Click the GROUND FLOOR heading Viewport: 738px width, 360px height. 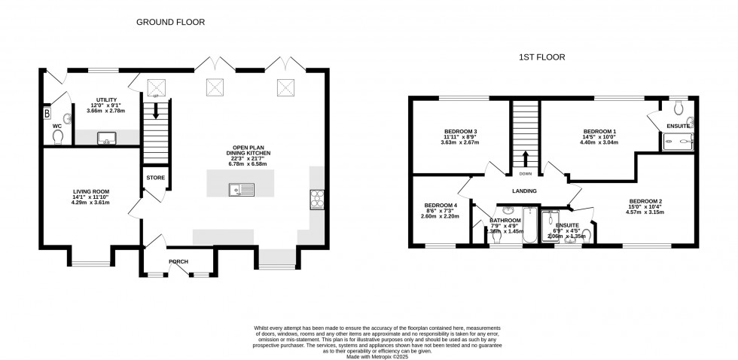[x=170, y=22]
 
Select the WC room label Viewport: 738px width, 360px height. [x=56, y=126]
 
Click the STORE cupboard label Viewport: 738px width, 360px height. [x=155, y=178]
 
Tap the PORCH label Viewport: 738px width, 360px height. [x=178, y=263]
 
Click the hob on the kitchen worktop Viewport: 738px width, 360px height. [x=316, y=200]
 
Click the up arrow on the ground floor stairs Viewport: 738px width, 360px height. [x=156, y=113]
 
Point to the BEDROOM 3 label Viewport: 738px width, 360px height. [x=459, y=132]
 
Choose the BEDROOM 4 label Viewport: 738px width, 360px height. [x=441, y=205]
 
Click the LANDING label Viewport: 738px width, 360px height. [x=525, y=191]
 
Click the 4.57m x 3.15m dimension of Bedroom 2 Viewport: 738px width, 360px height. [x=645, y=212]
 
